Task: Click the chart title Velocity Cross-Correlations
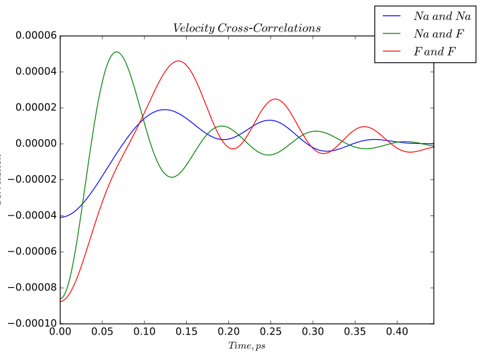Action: (x=246, y=28)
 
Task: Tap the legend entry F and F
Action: (x=432, y=51)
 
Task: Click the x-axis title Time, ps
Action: (x=246, y=346)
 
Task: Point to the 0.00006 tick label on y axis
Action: (x=31, y=36)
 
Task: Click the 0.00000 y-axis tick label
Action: (x=31, y=144)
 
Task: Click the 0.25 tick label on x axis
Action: (x=270, y=331)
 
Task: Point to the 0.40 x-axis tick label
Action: (x=397, y=331)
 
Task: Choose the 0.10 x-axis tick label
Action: (x=144, y=331)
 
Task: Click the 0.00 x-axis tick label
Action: (x=60, y=331)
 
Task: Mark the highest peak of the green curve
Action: (x=116, y=52)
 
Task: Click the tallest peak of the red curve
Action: (x=178, y=61)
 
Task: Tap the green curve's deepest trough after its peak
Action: (x=172, y=177)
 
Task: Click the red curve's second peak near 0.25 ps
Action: (x=274, y=99)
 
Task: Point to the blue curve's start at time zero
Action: (x=61, y=217)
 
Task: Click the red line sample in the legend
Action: (x=391, y=51)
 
